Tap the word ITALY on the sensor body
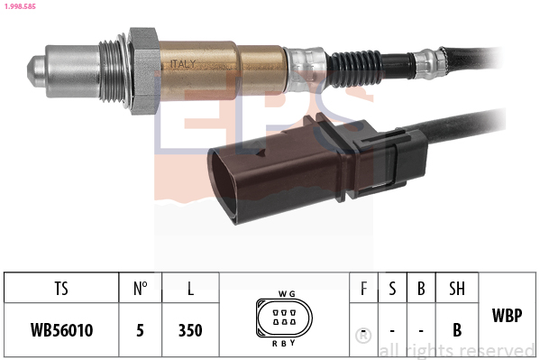coord(180,63)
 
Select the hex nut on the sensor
coord(144,69)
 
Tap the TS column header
coord(60,290)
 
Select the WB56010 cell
coord(60,330)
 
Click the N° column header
coord(140,290)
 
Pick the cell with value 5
coord(140,330)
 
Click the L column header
coord(190,290)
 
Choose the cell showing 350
coord(190,330)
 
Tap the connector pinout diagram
coord(283,318)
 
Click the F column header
coord(363,290)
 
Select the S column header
coord(392,290)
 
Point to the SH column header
coord(457,290)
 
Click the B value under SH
coord(457,330)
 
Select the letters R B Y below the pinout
coord(285,343)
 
